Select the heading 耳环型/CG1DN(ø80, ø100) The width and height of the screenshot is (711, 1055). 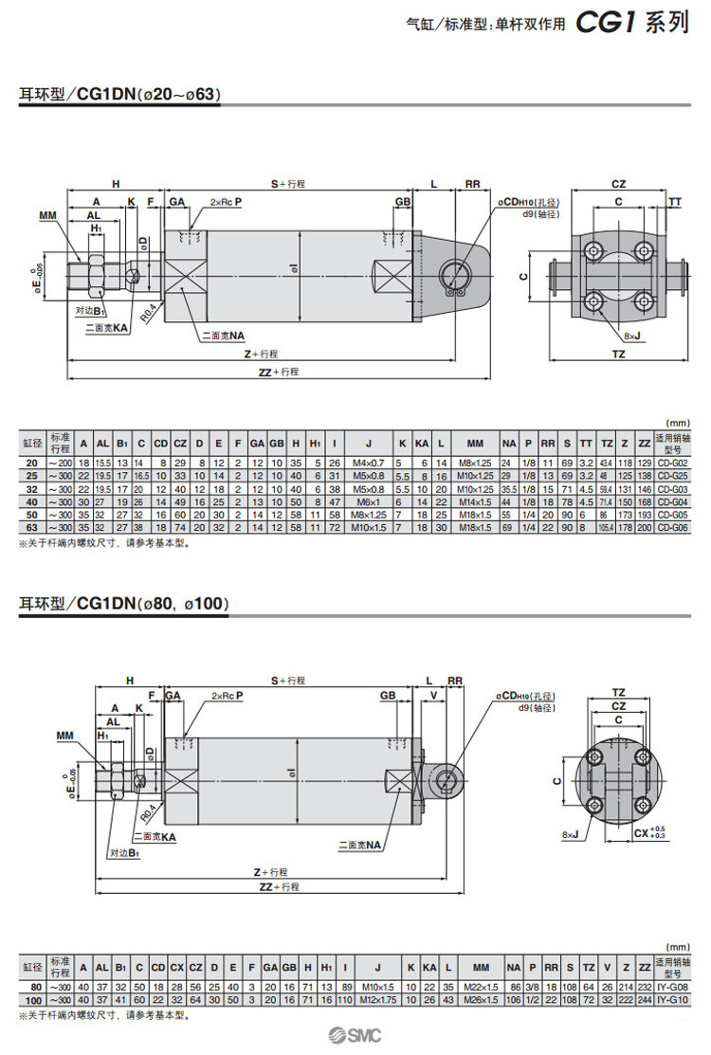(x=123, y=603)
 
